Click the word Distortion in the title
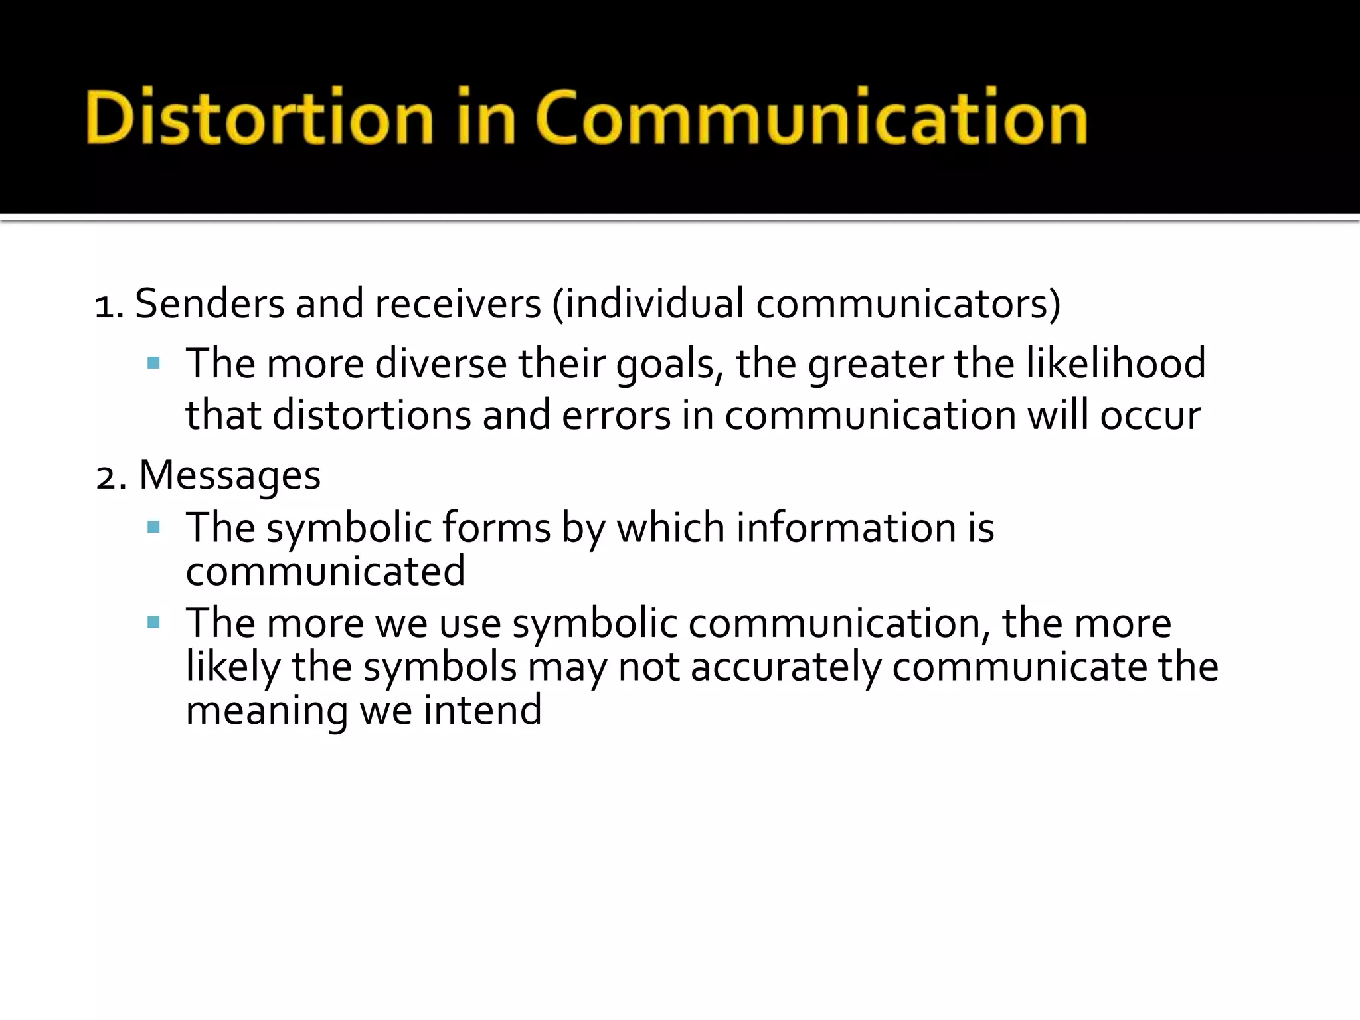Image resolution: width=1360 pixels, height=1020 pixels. coord(259,118)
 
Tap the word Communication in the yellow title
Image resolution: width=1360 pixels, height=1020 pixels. coord(811,118)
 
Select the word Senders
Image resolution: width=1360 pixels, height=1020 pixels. coord(209,304)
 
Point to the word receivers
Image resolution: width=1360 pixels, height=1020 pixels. coord(458,304)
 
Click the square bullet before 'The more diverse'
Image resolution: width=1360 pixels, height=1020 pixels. coord(154,363)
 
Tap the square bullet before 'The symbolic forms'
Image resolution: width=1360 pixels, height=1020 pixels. coord(154,528)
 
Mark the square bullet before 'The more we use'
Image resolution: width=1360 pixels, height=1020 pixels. coord(154,623)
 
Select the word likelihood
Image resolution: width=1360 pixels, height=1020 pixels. coord(1116,364)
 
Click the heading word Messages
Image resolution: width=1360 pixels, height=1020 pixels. coord(230,476)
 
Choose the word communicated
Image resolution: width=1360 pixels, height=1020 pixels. coord(325,571)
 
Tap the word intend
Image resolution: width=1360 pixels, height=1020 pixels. coord(483,710)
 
